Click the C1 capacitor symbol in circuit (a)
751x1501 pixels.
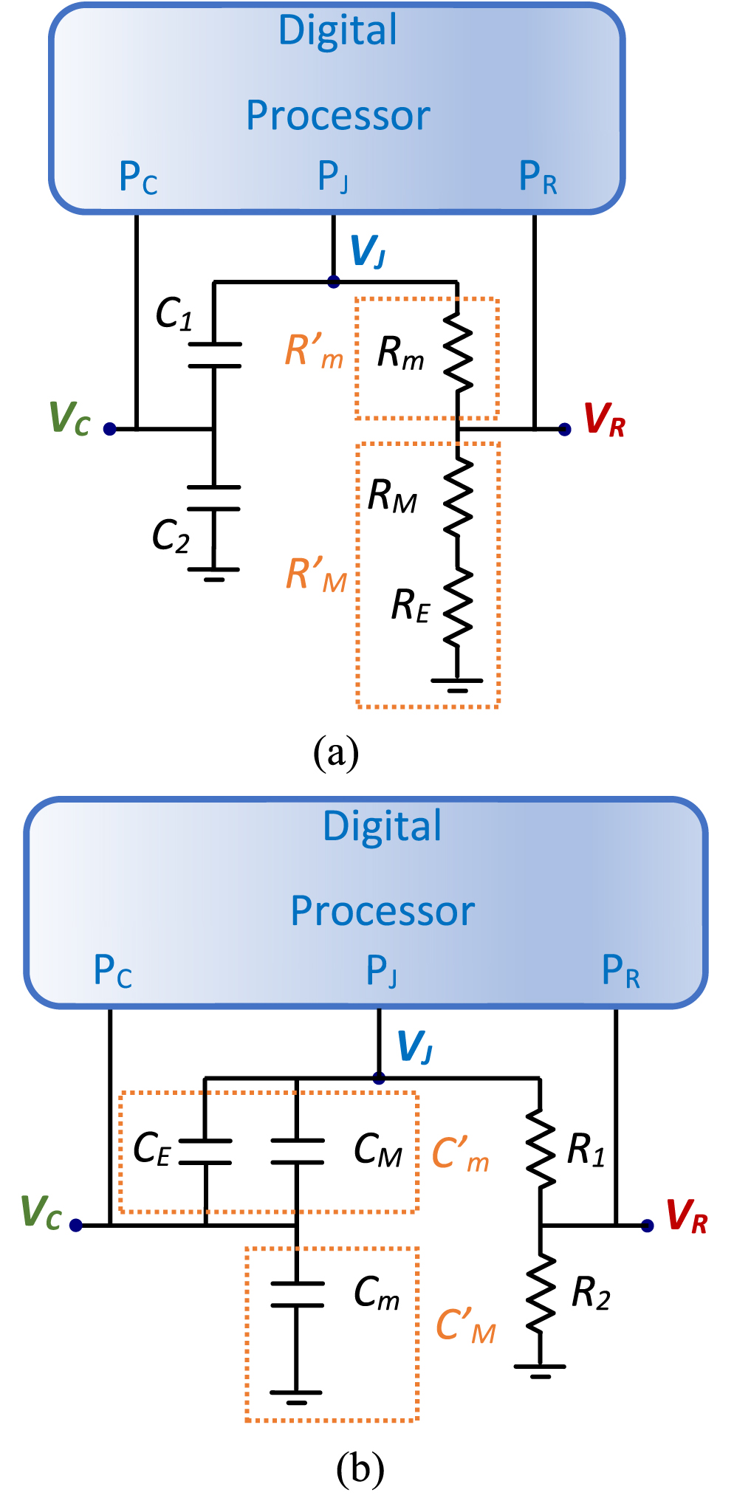[214, 354]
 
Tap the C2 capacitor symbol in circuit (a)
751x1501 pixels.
[214, 498]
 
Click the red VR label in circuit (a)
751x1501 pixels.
[604, 421]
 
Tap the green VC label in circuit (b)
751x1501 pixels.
[41, 1212]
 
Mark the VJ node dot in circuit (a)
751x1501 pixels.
[334, 281]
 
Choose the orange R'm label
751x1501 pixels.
[314, 351]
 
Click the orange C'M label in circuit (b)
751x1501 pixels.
[465, 1326]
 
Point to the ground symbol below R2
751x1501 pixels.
[541, 1370]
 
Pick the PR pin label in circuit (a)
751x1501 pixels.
[538, 177]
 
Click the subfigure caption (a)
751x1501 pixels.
[336, 753]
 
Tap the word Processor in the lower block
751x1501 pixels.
[382, 911]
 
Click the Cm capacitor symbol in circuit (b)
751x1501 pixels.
[297, 1295]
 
